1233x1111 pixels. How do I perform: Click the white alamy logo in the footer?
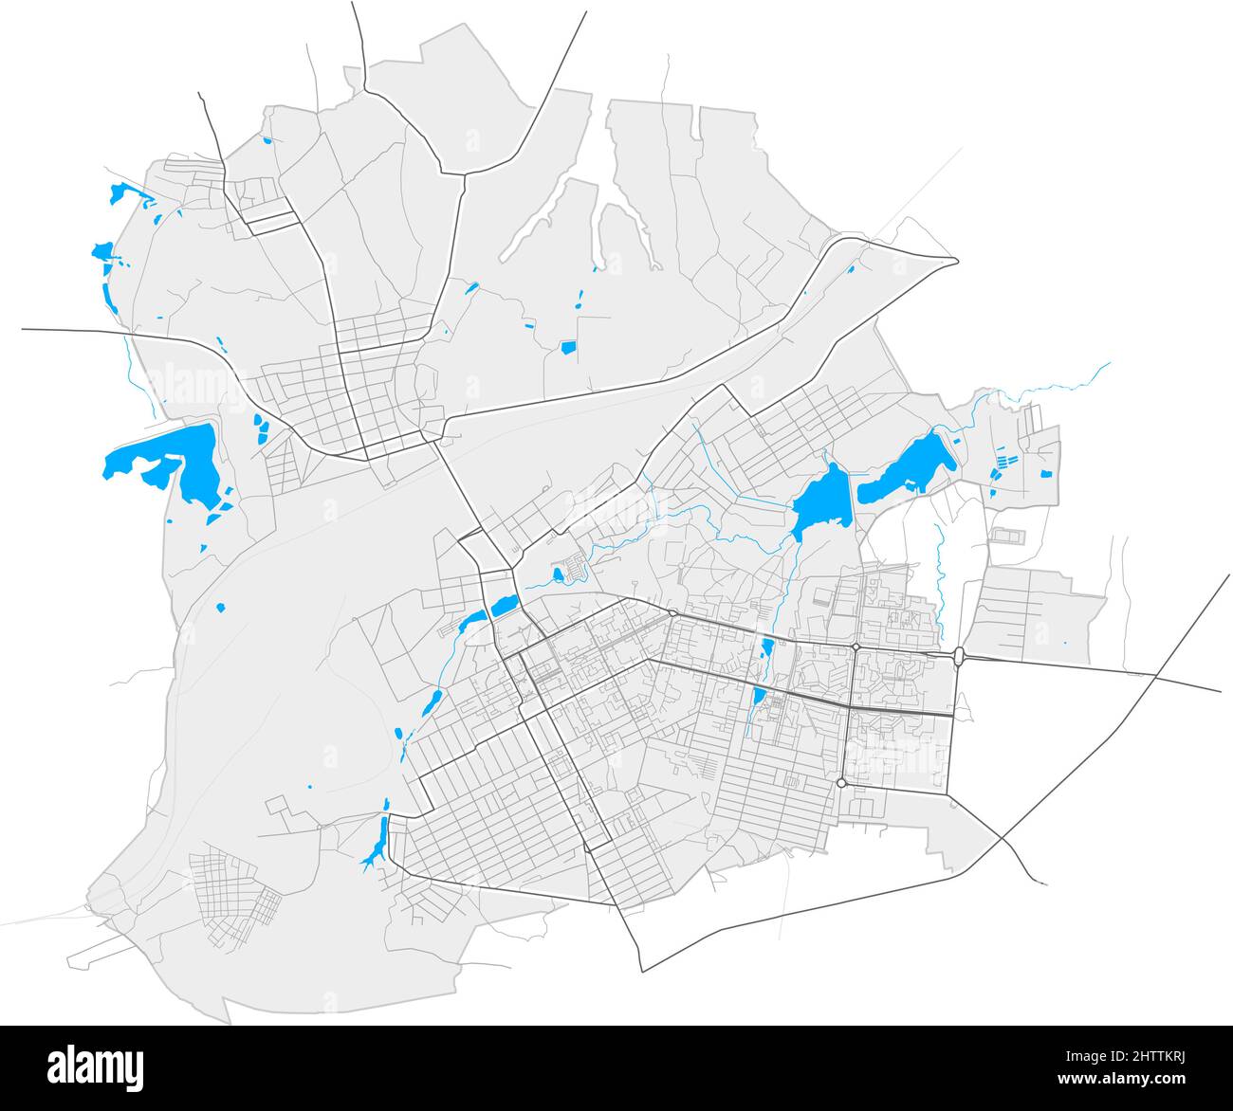[x=96, y=1067]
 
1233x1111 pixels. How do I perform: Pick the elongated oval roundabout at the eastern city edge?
[x=960, y=655]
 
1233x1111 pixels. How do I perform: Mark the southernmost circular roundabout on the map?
[x=841, y=783]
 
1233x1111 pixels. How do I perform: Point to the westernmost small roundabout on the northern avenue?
[x=672, y=613]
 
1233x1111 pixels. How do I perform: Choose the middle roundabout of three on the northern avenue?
[x=855, y=647]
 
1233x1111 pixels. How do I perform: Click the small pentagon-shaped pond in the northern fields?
[x=568, y=348]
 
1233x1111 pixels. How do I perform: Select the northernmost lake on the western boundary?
[x=120, y=193]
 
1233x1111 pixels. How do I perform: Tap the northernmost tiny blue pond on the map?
[x=268, y=141]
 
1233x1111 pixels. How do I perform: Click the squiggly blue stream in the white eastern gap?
[x=938, y=578]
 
